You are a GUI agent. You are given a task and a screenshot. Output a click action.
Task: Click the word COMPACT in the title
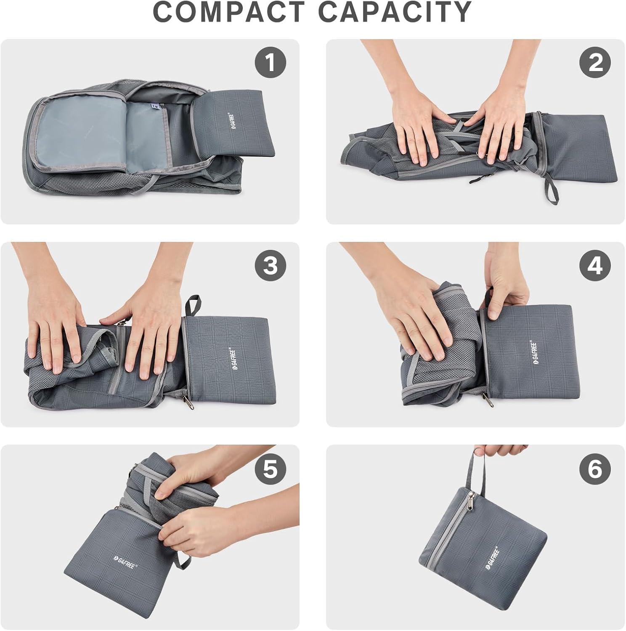tap(229, 13)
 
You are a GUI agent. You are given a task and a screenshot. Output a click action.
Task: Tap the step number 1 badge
tap(270, 63)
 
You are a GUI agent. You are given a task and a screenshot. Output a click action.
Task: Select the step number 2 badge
tap(595, 63)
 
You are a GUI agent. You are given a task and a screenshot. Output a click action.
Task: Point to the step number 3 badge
tap(270, 266)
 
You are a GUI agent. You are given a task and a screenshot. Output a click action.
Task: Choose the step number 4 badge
tap(595, 266)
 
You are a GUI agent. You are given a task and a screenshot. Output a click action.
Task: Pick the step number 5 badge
tap(270, 469)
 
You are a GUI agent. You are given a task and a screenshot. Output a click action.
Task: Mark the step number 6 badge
tap(595, 469)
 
